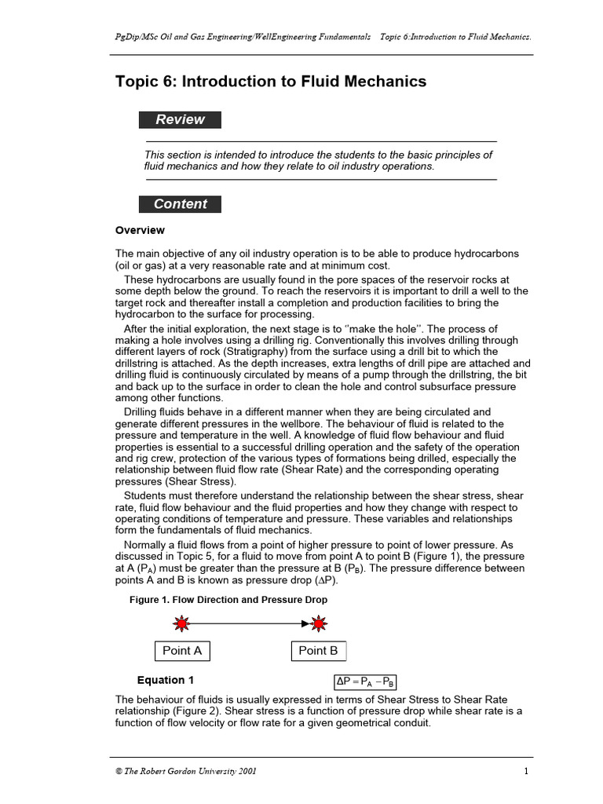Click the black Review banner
click(180, 120)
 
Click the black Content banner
click(180, 204)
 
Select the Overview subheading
click(140, 231)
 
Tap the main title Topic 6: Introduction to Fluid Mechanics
click(271, 82)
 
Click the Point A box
click(182, 651)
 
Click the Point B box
click(318, 651)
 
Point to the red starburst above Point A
click(181, 624)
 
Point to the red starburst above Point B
click(318, 624)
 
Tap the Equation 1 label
click(166, 681)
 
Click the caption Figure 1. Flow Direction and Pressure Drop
click(228, 600)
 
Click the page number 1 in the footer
click(527, 771)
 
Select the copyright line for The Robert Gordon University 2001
click(185, 771)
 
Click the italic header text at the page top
click(320, 38)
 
